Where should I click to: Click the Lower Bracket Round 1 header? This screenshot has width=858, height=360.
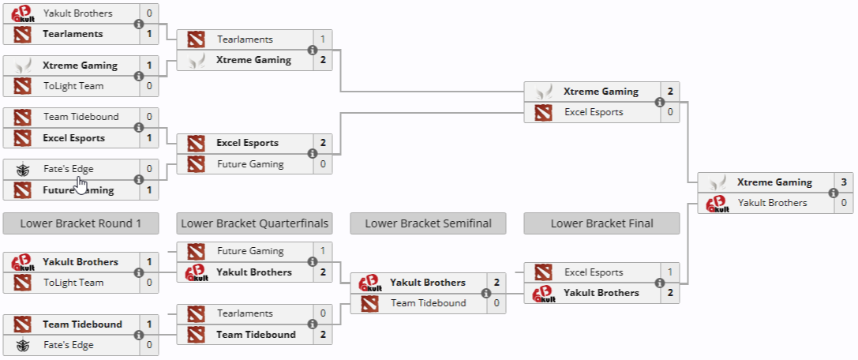(81, 223)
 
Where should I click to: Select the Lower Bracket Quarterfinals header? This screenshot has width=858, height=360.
(254, 223)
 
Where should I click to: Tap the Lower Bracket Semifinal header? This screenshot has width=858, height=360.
(428, 223)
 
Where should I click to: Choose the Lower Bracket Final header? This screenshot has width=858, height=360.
(601, 223)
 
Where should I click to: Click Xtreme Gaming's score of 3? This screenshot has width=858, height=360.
(844, 182)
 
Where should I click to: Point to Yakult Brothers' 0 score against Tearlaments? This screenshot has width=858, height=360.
(149, 13)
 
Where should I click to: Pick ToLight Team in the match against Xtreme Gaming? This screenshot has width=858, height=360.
(73, 86)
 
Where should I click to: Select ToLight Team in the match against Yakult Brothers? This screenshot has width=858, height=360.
(73, 283)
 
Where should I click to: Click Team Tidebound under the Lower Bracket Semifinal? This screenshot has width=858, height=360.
(428, 303)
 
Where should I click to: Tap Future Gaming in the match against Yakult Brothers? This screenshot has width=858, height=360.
(250, 251)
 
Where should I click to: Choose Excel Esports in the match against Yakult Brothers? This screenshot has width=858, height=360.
(594, 272)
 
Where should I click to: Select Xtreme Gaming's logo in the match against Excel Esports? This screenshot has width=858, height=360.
(543, 92)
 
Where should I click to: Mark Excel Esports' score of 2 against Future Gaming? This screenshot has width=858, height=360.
(323, 143)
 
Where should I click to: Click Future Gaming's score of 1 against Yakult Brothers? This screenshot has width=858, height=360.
(323, 251)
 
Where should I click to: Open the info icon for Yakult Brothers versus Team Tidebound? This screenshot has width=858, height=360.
(485, 293)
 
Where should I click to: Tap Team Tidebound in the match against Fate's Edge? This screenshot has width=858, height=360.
(82, 324)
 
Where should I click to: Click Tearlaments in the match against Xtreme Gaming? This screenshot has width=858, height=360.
(245, 39)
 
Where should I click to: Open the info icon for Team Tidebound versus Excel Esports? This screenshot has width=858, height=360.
(139, 127)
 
